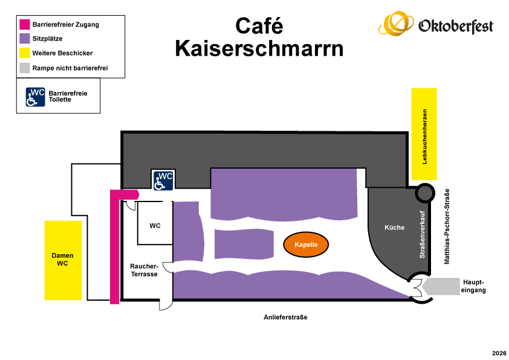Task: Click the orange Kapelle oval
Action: (x=306, y=244)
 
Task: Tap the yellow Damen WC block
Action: (x=63, y=260)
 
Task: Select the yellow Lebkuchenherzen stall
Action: (x=424, y=134)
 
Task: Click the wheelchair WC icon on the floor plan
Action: (x=163, y=180)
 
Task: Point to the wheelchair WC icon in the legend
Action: (x=36, y=97)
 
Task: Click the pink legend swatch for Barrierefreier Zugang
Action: (x=25, y=24)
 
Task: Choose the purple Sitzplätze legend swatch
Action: (x=25, y=38)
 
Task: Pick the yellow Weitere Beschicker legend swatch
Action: (x=25, y=53)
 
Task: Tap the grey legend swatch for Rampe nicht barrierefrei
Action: (x=25, y=68)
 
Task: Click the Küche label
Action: (x=394, y=227)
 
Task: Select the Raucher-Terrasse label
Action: (x=144, y=270)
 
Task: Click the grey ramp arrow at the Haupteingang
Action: (x=441, y=286)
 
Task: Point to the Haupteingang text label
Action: (x=473, y=286)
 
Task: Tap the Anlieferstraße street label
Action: (x=285, y=317)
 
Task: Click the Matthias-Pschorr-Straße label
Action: (x=447, y=226)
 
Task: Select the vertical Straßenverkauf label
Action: (x=422, y=235)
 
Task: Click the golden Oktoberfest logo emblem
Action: (x=396, y=23)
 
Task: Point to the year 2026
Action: (x=499, y=353)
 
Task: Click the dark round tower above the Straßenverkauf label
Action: (x=425, y=193)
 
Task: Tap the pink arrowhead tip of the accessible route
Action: (x=139, y=194)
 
